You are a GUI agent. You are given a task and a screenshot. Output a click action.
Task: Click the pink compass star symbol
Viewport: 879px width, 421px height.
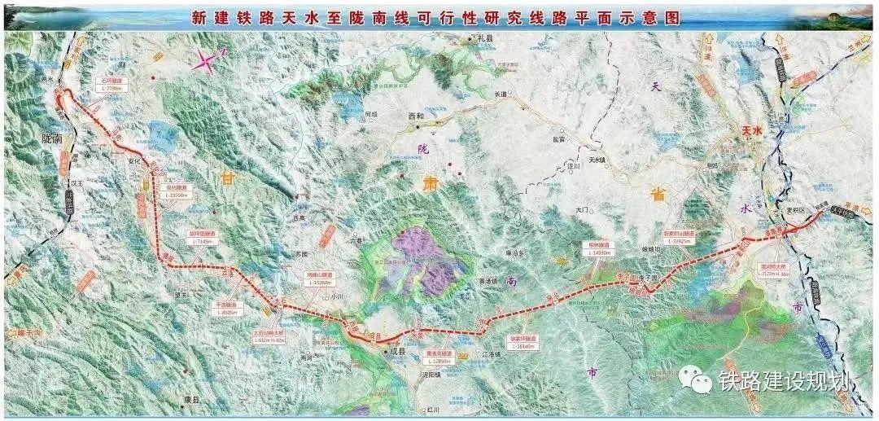pyautogui.click(x=208, y=61)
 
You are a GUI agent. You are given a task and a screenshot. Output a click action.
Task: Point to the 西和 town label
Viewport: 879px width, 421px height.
pyautogui.click(x=416, y=116)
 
